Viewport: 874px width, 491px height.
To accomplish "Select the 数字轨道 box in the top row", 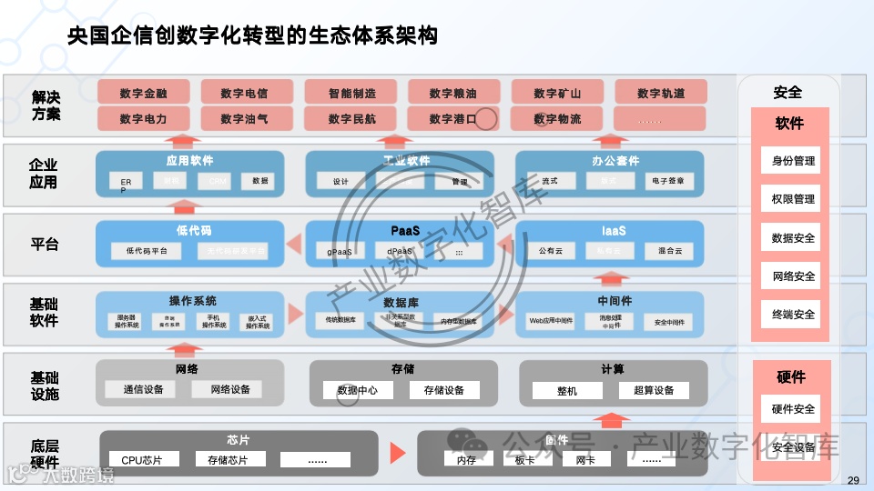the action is click(x=661, y=93).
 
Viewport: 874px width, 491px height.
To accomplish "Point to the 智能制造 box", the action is click(x=351, y=93).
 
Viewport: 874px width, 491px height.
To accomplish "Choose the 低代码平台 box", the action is click(x=146, y=250).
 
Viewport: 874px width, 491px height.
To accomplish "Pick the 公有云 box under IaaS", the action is click(x=552, y=250).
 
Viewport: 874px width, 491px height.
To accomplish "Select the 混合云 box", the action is click(x=663, y=250).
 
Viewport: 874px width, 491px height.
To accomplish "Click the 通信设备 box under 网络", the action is click(x=143, y=389).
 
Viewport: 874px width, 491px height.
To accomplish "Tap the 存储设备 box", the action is click(x=443, y=390).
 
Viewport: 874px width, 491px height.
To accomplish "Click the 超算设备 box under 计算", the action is click(x=653, y=390).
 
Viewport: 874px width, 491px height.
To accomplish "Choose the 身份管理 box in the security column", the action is click(x=792, y=161).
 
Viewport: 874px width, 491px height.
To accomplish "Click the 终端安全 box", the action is click(x=792, y=315).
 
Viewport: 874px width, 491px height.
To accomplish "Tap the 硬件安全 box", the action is click(x=792, y=409).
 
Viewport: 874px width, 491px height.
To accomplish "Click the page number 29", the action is click(x=852, y=480).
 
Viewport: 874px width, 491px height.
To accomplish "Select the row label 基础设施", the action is click(x=45, y=386).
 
